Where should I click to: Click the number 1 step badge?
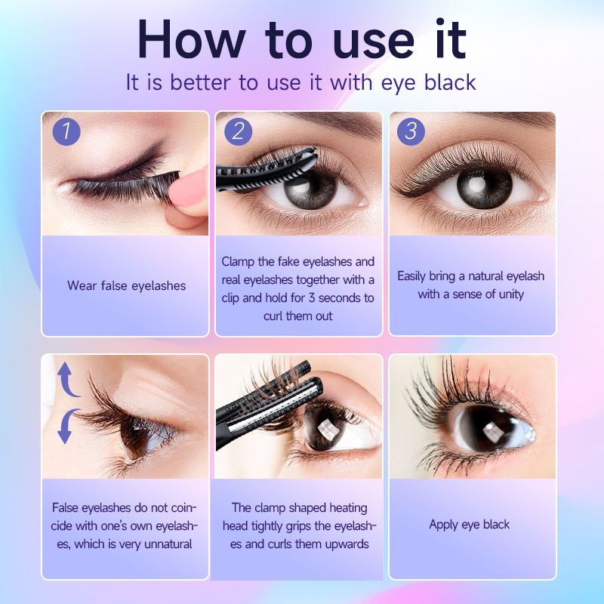click(66, 131)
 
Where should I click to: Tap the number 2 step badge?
click(238, 131)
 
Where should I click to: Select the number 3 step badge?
click(411, 131)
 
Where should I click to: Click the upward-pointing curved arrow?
click(66, 380)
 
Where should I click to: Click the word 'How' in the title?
click(192, 39)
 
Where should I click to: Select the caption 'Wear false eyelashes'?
click(126, 286)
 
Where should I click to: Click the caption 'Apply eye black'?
click(469, 525)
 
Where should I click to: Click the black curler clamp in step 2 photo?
click(267, 169)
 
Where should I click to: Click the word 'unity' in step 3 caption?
click(511, 294)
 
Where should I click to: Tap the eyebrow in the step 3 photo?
click(513, 119)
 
